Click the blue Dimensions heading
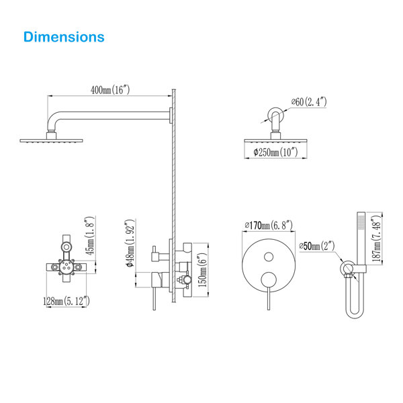pos(64,37)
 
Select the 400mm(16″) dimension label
pos(110,90)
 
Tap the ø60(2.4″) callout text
pos(309,102)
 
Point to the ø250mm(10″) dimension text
pos(275,152)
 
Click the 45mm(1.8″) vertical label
pos(90,236)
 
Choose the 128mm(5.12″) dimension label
pos(66,301)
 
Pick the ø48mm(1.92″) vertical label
pos(130,243)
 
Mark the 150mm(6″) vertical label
pos(202,270)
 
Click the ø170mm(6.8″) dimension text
pos(269,226)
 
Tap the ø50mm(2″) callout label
pos(317,246)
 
